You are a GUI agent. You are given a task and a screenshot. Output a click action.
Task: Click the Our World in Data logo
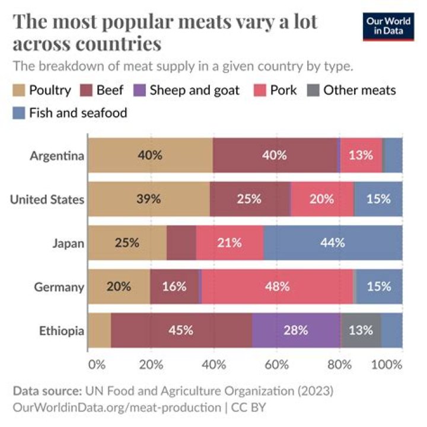click(x=388, y=26)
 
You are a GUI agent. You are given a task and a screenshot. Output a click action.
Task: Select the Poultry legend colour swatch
click(x=20, y=91)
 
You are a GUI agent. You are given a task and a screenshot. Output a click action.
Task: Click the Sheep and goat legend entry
click(x=188, y=91)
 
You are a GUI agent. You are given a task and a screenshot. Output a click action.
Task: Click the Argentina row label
click(x=57, y=156)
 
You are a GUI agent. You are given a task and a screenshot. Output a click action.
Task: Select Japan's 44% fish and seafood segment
click(x=333, y=243)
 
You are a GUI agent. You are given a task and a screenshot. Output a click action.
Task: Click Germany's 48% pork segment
click(x=277, y=287)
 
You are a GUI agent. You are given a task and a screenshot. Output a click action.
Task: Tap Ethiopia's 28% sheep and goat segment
click(x=296, y=331)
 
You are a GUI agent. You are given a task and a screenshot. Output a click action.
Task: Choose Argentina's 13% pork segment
click(x=361, y=156)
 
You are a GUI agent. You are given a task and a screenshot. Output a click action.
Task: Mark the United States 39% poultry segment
click(x=148, y=199)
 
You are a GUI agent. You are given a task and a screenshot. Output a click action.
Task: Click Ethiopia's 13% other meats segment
click(x=361, y=331)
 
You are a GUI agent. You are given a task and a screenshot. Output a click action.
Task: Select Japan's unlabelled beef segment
click(x=181, y=243)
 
